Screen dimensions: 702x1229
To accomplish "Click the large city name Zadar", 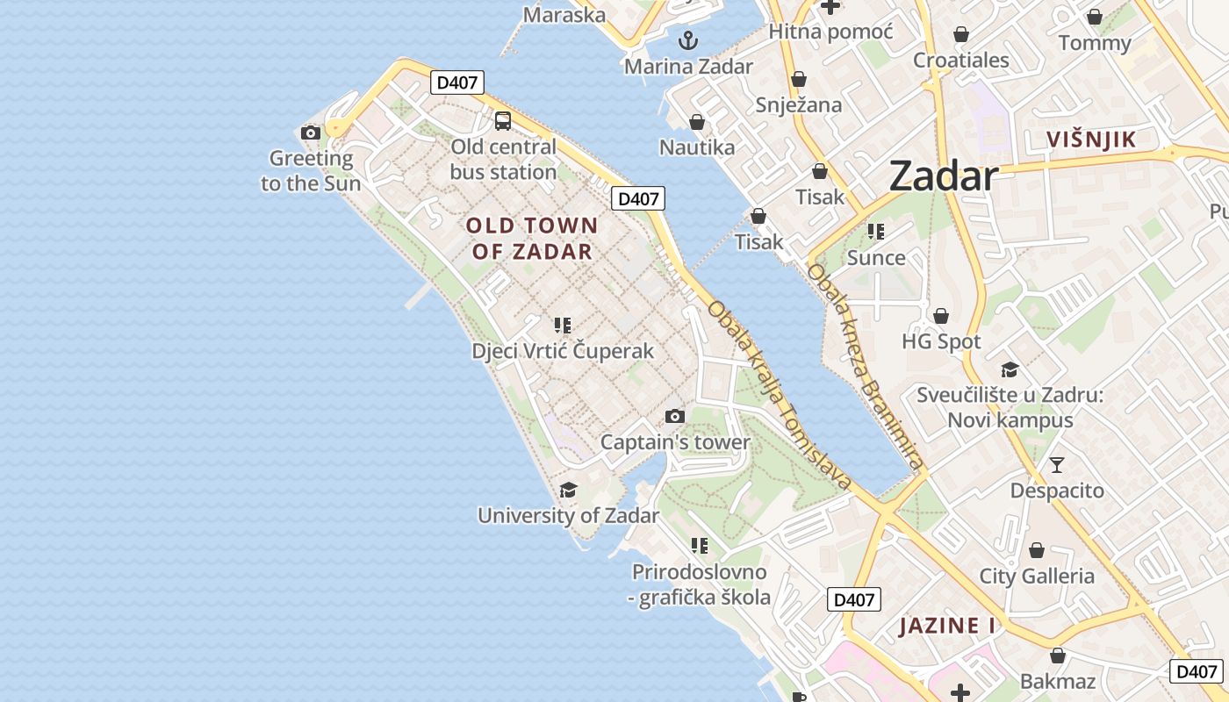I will click(x=944, y=176).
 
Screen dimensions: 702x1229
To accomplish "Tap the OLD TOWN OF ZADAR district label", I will click(x=532, y=239).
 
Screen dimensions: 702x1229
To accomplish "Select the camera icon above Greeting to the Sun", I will click(x=311, y=133).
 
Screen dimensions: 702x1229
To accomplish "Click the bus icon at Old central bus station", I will click(x=502, y=121).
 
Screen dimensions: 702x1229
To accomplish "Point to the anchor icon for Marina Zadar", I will click(x=688, y=40).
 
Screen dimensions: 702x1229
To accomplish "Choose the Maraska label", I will click(x=564, y=15).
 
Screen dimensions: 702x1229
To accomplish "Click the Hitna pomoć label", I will click(x=830, y=32).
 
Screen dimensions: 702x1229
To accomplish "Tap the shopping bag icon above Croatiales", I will click(x=961, y=35).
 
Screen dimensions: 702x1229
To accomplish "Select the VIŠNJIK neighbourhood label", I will click(x=1091, y=139).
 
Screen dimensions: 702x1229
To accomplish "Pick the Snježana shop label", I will click(x=799, y=105).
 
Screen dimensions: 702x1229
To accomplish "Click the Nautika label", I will click(x=697, y=147).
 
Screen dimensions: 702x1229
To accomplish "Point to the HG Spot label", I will click(x=941, y=341).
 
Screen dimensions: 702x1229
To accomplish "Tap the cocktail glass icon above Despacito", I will click(x=1057, y=464).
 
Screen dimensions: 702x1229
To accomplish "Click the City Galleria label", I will click(x=1037, y=577).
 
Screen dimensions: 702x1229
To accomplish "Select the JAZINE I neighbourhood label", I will click(x=947, y=627).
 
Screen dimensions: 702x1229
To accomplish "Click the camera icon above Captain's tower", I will click(x=674, y=417).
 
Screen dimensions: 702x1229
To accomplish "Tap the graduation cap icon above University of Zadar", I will click(x=568, y=490).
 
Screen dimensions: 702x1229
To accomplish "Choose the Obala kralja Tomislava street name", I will click(x=780, y=396).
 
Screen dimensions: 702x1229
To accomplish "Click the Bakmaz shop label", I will click(x=1058, y=681).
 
